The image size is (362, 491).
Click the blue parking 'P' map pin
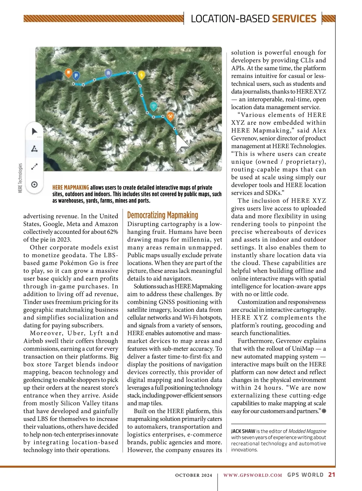(76, 75)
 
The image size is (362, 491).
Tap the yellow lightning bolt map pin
(141, 75)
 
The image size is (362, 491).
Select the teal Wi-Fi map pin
(154, 106)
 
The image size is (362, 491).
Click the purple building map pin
(108, 73)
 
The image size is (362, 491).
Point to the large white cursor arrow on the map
(182, 144)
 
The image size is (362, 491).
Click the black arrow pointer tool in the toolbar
(35, 132)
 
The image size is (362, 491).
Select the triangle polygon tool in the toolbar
(34, 149)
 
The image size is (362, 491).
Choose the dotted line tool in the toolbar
(34, 166)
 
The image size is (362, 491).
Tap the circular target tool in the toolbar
(34, 184)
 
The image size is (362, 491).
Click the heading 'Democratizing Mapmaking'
(163, 215)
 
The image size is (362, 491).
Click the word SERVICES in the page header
(294, 19)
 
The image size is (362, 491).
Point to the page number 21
(332, 475)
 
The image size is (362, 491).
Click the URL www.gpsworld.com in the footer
(252, 475)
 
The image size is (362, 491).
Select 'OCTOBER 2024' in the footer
(194, 475)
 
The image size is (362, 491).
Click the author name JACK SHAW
(243, 431)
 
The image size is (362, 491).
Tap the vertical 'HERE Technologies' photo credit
(20, 178)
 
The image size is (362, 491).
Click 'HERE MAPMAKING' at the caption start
(71, 188)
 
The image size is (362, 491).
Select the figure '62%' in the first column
(112, 232)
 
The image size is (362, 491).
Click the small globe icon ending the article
(324, 411)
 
